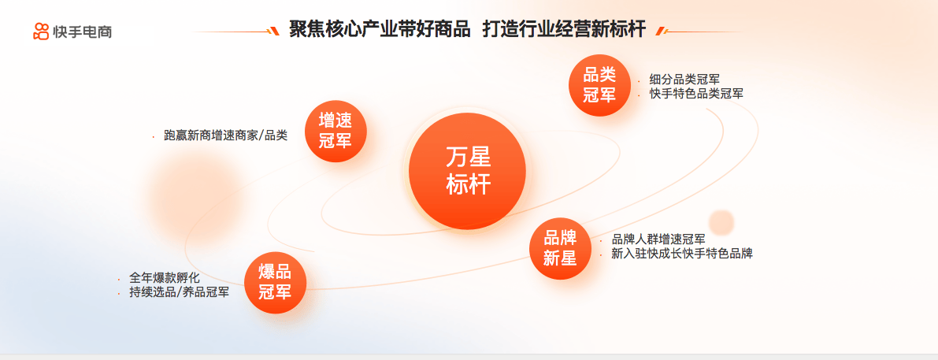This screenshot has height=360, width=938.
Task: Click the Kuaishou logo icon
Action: pyautogui.click(x=41, y=31)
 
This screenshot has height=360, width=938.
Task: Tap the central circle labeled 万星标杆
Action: pyautogui.click(x=467, y=171)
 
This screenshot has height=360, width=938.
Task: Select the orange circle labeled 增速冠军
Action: pyautogui.click(x=335, y=131)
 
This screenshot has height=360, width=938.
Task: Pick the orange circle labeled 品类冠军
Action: pyautogui.click(x=599, y=85)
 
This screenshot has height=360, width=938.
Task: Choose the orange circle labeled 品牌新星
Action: pyautogui.click(x=560, y=248)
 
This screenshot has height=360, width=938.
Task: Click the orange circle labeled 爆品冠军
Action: pyautogui.click(x=275, y=282)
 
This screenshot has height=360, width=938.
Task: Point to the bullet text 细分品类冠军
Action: pyautogui.click(x=684, y=79)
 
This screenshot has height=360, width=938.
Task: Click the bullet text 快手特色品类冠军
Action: pyautogui.click(x=696, y=94)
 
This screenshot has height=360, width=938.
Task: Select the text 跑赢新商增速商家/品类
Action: pyautogui.click(x=225, y=135)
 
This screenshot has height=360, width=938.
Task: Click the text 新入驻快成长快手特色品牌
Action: pyautogui.click(x=682, y=254)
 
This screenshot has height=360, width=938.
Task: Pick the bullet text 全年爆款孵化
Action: pyautogui.click(x=165, y=278)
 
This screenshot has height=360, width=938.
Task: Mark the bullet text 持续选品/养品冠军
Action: pyautogui.click(x=179, y=293)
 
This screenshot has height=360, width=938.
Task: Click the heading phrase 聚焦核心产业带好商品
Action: pyautogui.click(x=380, y=29)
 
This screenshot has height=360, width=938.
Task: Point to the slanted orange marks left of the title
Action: pyautogui.click(x=273, y=31)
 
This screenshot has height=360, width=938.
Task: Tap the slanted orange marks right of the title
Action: pyautogui.click(x=661, y=31)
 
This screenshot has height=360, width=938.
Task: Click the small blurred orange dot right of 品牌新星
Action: pyautogui.click(x=721, y=222)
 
